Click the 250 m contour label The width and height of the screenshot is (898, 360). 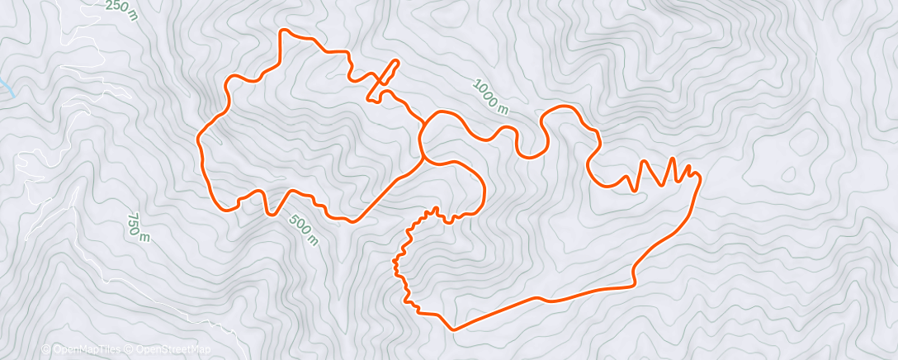click(121, 7)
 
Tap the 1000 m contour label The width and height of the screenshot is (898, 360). click(490, 96)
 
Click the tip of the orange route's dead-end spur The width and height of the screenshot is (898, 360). click(397, 61)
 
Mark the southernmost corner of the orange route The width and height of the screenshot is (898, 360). click(453, 329)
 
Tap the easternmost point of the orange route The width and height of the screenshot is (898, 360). click(700, 176)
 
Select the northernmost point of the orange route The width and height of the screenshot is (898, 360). click(286, 30)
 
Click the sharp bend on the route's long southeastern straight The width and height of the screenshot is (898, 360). click(634, 284)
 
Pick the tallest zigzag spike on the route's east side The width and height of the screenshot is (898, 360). click(673, 159)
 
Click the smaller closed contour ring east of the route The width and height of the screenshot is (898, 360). click(788, 173)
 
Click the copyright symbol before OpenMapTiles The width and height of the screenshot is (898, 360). click(46, 349)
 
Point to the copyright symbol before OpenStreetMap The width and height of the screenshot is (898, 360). click(130, 349)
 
